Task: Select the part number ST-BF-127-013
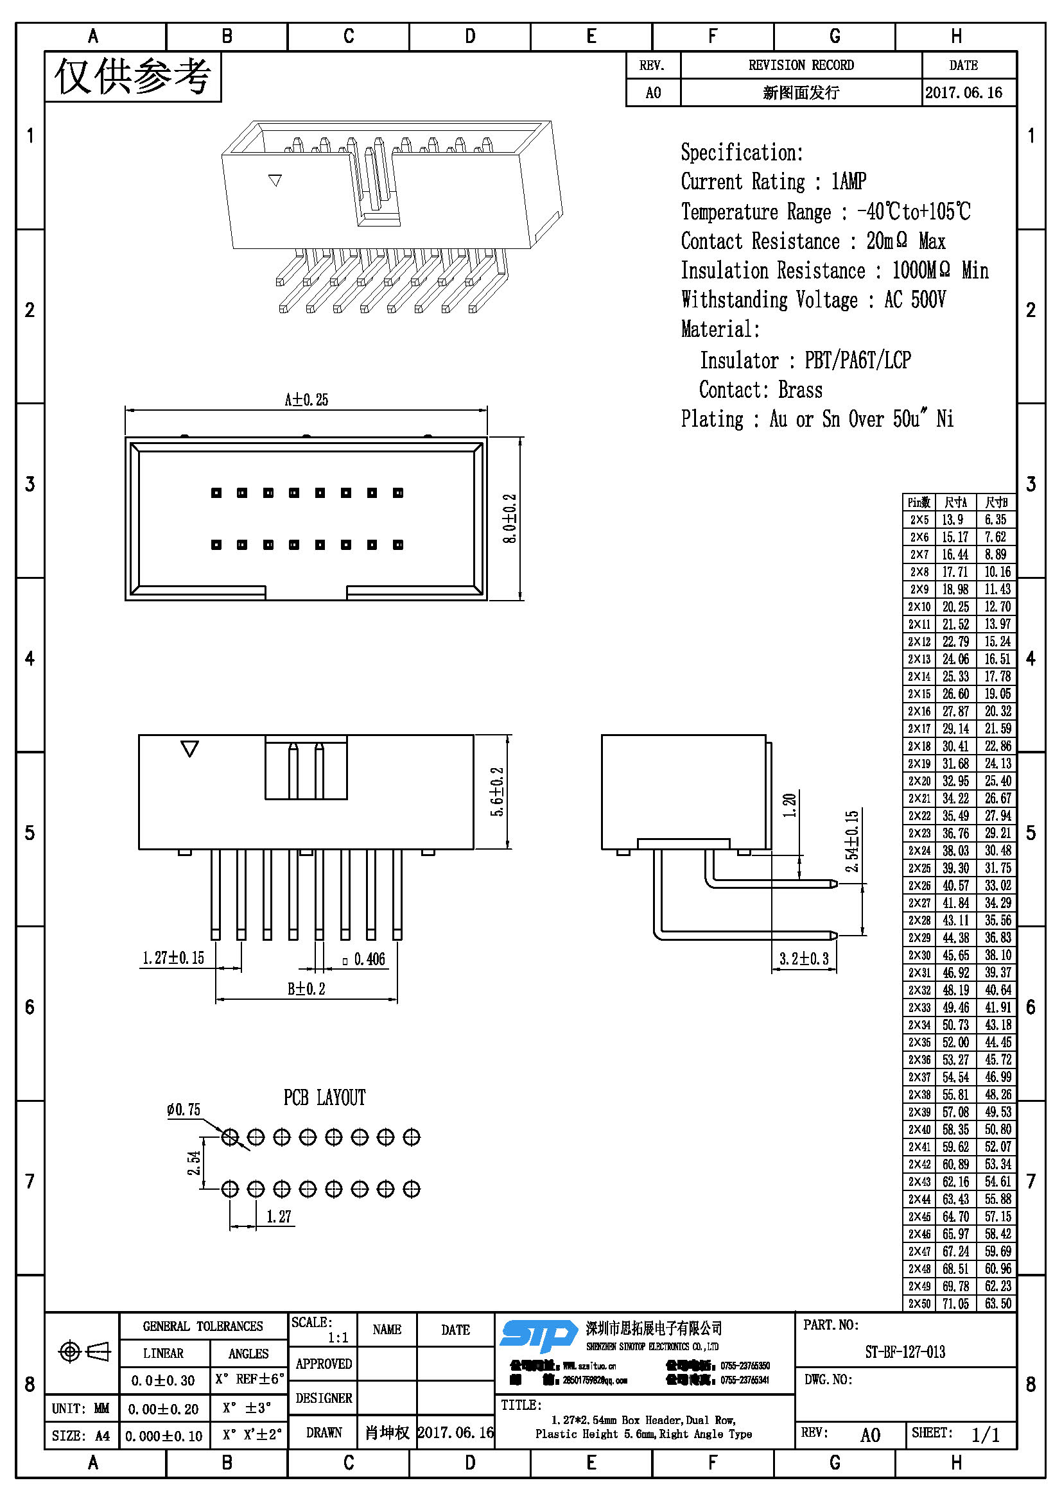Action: [905, 1351]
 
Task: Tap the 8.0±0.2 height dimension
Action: [510, 519]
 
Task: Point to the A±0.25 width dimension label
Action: [306, 399]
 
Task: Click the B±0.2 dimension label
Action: [306, 988]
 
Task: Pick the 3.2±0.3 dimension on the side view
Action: [804, 958]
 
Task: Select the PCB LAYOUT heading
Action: [324, 1097]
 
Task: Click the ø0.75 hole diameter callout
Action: [184, 1110]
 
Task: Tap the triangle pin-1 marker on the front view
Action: [189, 748]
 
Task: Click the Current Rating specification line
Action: [773, 181]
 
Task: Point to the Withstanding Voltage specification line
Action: [813, 300]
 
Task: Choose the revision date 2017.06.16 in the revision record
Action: [963, 93]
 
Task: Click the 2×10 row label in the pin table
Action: [919, 606]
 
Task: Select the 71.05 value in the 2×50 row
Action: [955, 1303]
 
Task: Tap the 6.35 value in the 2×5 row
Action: [996, 520]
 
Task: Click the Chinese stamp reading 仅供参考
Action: [133, 77]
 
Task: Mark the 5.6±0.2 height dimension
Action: [498, 792]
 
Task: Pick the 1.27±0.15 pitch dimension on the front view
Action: [173, 958]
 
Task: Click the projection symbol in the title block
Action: [83, 1351]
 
